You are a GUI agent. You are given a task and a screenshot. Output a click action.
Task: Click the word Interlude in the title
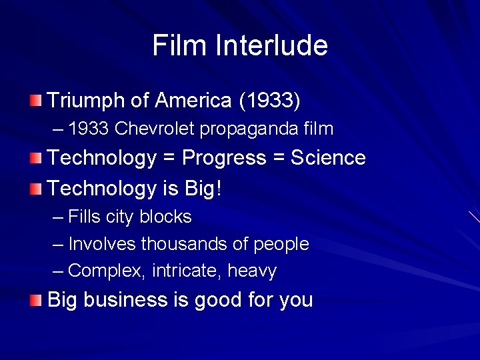pyautogui.click(x=272, y=45)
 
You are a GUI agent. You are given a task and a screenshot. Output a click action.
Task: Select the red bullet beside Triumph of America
pyautogui.click(x=35, y=101)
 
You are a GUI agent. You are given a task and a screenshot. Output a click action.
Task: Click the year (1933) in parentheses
pyautogui.click(x=269, y=101)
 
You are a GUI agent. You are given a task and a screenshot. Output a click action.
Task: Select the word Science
pyautogui.click(x=328, y=158)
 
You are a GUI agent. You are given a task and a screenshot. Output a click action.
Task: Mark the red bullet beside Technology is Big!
pyautogui.click(x=35, y=189)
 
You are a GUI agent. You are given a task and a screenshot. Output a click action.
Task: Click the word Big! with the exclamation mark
pyautogui.click(x=203, y=189)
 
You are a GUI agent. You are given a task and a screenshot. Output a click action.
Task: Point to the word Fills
pyautogui.click(x=85, y=217)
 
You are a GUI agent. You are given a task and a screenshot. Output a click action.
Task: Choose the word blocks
pyautogui.click(x=165, y=217)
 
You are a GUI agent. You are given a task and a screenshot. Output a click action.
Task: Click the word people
pyautogui.click(x=281, y=245)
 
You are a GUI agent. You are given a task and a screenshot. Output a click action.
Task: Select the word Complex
pyautogui.click(x=107, y=271)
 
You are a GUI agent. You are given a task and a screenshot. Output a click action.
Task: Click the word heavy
pyautogui.click(x=252, y=271)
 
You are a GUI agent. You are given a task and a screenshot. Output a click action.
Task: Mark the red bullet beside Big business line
pyautogui.click(x=35, y=300)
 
